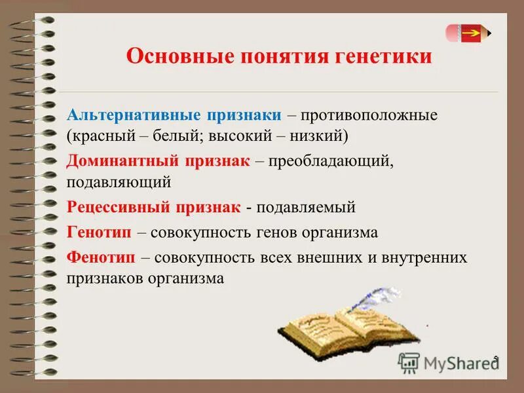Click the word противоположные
click(369, 115)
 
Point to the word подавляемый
click(306, 208)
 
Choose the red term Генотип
click(96, 232)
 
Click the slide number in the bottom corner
click(496, 358)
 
